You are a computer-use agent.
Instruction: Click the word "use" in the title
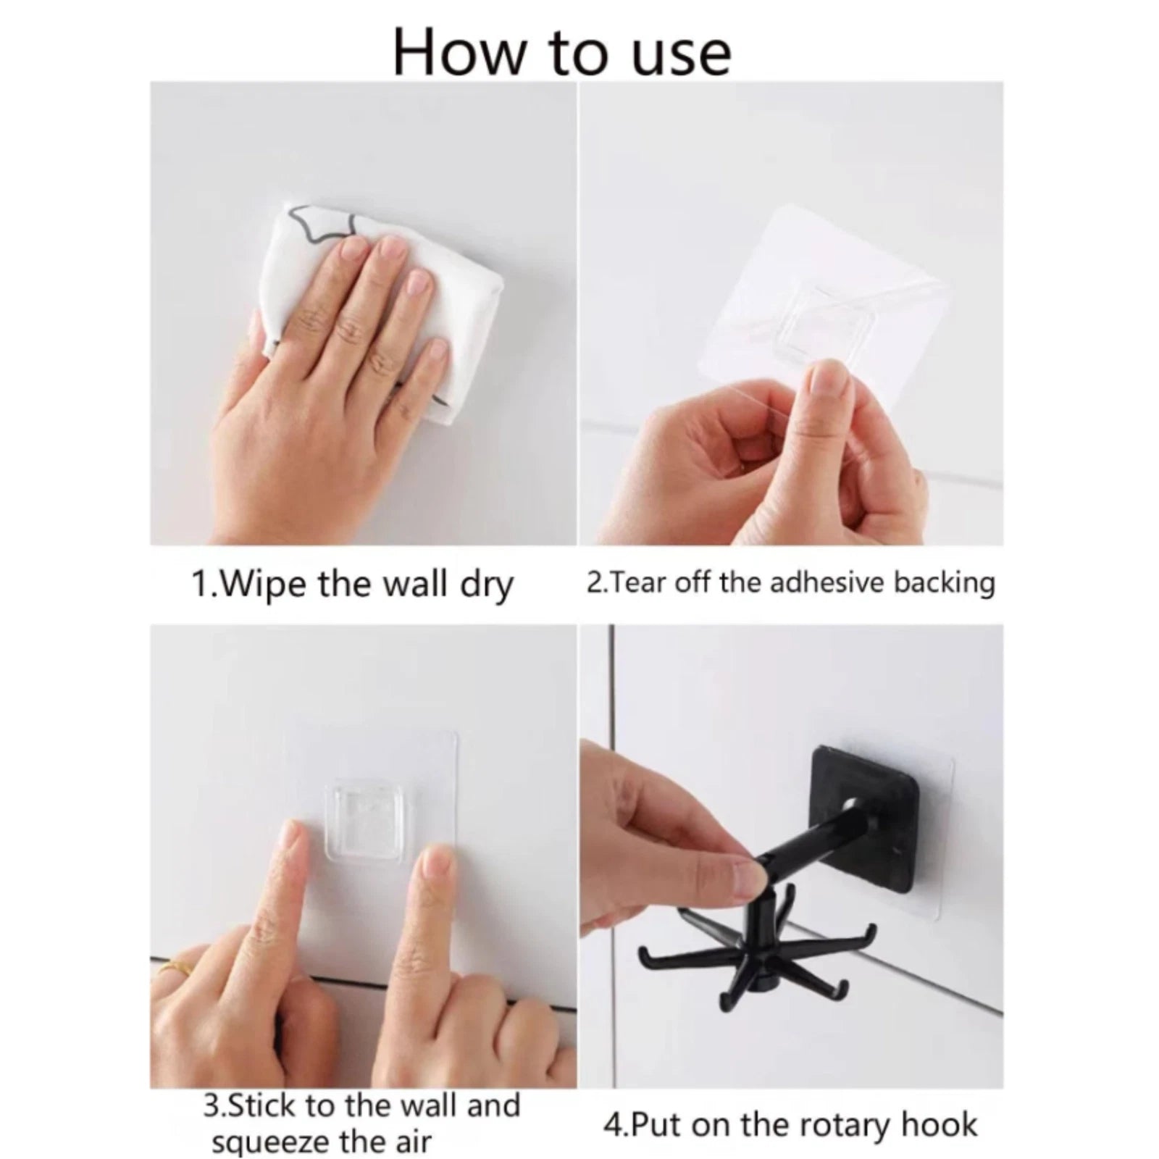click(x=681, y=54)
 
